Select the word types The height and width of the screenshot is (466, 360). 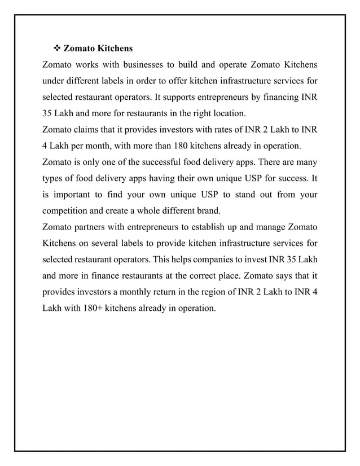[54, 179]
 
